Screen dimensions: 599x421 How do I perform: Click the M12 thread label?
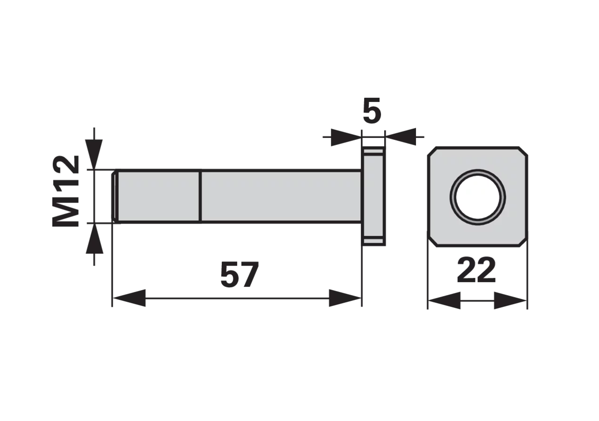pyautogui.click(x=66, y=191)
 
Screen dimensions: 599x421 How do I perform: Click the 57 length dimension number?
pyautogui.click(x=240, y=275)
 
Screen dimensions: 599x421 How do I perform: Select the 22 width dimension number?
pyautogui.click(x=476, y=270)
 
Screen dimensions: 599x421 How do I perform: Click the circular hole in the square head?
pyautogui.click(x=478, y=197)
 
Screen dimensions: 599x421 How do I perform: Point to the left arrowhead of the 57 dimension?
pyautogui.click(x=129, y=298)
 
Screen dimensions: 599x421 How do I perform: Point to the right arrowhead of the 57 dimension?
pyautogui.click(x=345, y=298)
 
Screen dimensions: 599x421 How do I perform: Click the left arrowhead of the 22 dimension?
pyautogui.click(x=445, y=300)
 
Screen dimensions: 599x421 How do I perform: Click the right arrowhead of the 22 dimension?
pyautogui.click(x=510, y=300)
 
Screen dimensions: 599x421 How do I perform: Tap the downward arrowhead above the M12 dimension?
pyautogui.click(x=94, y=154)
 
